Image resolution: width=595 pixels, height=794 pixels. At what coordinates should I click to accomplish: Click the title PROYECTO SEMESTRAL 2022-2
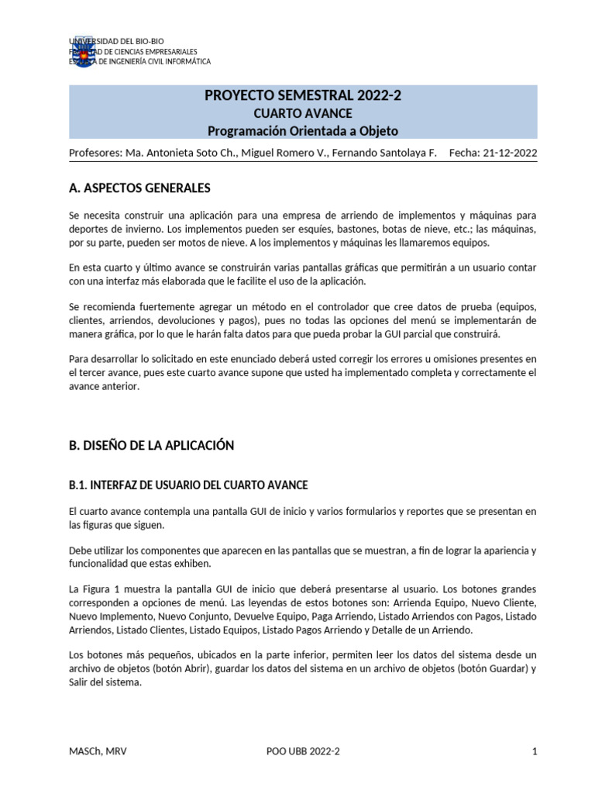303,96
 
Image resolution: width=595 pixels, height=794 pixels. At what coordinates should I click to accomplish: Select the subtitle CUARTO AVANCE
303,114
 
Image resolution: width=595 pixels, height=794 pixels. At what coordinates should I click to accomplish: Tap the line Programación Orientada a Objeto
303,131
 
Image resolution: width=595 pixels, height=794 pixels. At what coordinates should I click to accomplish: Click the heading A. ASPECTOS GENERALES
139,188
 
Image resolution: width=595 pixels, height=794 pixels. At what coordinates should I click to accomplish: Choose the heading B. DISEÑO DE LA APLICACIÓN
151,445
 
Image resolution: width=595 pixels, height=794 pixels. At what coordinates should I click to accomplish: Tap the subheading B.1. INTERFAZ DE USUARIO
188,485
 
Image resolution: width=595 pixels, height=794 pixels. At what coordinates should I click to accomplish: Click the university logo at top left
83,50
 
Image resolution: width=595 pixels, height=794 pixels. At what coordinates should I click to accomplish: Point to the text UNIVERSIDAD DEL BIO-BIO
118,40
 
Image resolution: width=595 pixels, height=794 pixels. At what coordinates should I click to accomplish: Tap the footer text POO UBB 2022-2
303,751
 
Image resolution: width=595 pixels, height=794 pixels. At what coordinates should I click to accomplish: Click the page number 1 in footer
535,751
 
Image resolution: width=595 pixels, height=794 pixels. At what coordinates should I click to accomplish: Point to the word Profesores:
95,153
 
